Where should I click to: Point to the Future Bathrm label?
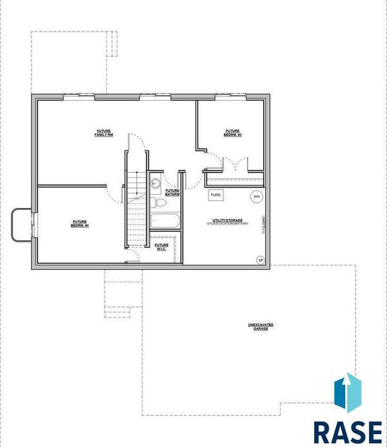(x=172, y=192)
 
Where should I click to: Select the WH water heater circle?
(x=256, y=196)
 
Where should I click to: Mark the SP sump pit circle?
(x=261, y=260)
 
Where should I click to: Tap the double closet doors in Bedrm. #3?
(x=232, y=164)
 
